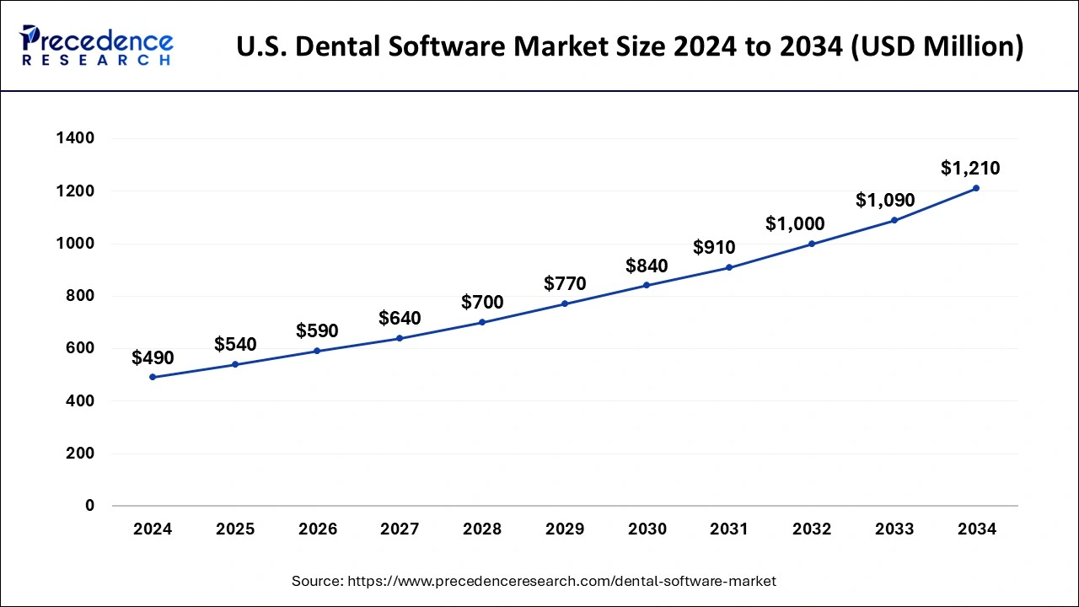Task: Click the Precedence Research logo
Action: click(97, 46)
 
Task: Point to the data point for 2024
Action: click(153, 377)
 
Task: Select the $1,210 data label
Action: click(970, 168)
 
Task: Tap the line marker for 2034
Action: click(976, 188)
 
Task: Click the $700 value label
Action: click(482, 302)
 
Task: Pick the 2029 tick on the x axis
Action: click(564, 529)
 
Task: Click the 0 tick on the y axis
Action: click(89, 506)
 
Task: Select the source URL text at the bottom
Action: click(534, 581)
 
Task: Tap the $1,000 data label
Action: click(795, 224)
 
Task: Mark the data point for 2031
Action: click(729, 267)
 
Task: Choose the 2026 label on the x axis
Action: click(317, 529)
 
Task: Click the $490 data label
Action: click(153, 357)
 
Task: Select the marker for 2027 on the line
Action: click(400, 338)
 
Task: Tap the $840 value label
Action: click(647, 266)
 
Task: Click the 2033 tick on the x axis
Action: click(894, 529)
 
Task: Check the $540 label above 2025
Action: click(235, 344)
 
